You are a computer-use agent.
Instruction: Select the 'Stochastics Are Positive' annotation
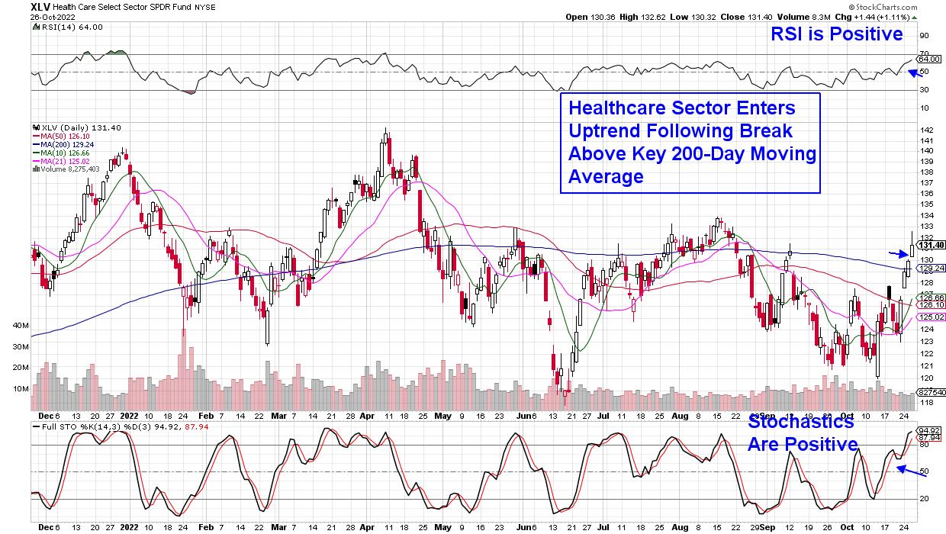[x=803, y=433]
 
